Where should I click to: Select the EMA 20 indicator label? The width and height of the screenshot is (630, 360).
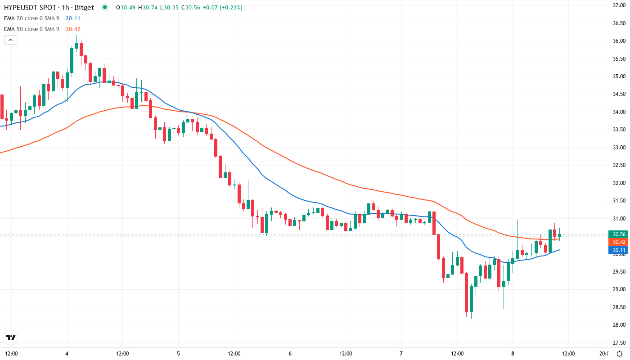(31, 18)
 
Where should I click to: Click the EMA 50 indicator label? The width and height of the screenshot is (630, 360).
(31, 29)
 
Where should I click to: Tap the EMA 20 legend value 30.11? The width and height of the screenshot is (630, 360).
(73, 18)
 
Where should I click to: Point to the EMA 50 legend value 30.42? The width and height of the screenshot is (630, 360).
(73, 29)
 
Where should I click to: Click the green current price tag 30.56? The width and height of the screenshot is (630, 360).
(619, 234)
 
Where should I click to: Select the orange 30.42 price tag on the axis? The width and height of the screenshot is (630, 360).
(619, 242)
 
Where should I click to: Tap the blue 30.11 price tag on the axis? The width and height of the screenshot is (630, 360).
(619, 250)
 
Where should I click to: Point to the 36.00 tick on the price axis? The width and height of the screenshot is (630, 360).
(619, 41)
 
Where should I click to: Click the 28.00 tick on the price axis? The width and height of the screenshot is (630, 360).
(619, 325)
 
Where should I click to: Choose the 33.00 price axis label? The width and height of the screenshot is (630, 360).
(619, 148)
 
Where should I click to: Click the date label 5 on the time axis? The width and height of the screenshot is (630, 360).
(179, 353)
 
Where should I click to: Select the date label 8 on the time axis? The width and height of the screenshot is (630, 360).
(513, 353)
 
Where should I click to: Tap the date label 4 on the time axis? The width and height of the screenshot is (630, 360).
(67, 353)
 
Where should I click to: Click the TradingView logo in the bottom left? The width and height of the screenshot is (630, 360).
(11, 337)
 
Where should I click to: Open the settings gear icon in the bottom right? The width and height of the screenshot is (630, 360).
(620, 353)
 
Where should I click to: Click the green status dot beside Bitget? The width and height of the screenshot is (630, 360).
(105, 7)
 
